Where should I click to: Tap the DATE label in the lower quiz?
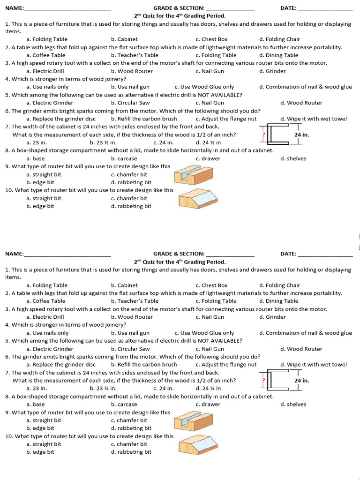(x=288, y=254)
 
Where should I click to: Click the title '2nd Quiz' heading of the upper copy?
(x=180, y=16)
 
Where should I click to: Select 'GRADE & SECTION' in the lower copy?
(x=179, y=254)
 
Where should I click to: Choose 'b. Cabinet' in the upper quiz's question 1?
(x=124, y=39)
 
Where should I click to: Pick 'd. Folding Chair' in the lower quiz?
(x=279, y=285)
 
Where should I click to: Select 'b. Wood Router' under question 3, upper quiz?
(x=132, y=71)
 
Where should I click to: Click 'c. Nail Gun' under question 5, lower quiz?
(x=210, y=349)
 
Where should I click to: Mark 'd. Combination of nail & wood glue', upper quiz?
(x=305, y=87)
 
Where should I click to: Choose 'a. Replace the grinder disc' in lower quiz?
(x=60, y=364)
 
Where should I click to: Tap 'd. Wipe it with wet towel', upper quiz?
(x=314, y=119)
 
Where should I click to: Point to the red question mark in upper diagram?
(x=264, y=135)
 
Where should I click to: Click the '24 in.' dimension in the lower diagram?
(x=301, y=381)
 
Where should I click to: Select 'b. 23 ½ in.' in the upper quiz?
(x=103, y=142)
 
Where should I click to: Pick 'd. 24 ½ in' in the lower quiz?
(x=208, y=388)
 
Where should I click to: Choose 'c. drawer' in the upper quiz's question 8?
(x=208, y=158)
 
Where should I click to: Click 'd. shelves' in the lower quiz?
(x=293, y=404)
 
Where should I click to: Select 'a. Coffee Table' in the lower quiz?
(x=46, y=301)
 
